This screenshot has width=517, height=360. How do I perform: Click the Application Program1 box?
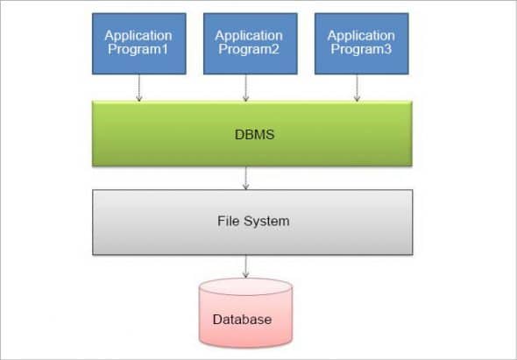[138, 43]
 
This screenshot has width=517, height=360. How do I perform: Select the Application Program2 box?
[249, 43]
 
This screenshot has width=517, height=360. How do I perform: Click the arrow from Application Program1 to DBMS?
[138, 88]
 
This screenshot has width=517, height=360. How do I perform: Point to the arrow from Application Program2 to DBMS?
[249, 88]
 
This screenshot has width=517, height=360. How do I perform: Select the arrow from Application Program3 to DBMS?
[358, 88]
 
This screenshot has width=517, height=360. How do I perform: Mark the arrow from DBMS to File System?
[246, 177]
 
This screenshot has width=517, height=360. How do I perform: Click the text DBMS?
[252, 134]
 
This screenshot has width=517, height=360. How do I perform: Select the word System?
[266, 222]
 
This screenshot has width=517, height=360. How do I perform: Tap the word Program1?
[138, 50]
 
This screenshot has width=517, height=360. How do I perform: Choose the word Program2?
[249, 50]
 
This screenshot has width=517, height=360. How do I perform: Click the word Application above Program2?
[249, 35]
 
